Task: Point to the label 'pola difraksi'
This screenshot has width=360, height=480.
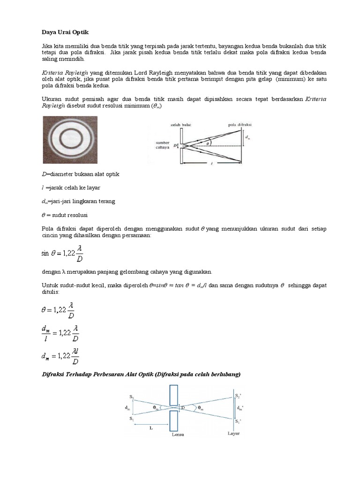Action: [239, 125]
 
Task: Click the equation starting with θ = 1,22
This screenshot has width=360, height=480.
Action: [58, 310]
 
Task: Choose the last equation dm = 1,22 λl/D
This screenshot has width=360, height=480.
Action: [60, 358]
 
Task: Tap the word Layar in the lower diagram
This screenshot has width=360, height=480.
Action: [234, 434]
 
